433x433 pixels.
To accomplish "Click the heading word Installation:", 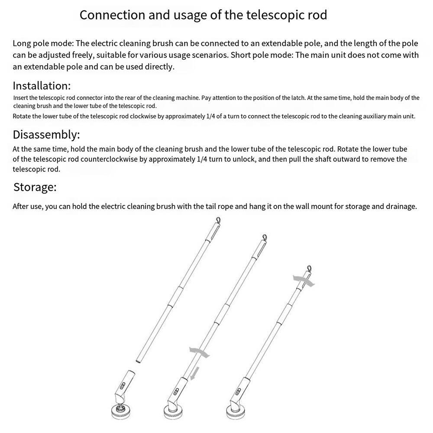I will click(x=42, y=85).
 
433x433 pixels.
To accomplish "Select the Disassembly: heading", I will click(x=46, y=135).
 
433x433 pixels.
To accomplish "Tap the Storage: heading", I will click(x=35, y=187).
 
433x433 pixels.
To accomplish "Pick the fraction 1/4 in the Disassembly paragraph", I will click(x=202, y=159).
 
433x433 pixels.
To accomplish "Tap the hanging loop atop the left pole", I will click(x=218, y=221).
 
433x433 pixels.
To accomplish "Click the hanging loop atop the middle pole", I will click(x=264, y=237).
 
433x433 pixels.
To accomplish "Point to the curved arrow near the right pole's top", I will click(x=303, y=280).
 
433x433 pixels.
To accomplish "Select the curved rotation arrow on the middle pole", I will click(x=199, y=352).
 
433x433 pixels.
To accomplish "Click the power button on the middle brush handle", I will click(x=175, y=392).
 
